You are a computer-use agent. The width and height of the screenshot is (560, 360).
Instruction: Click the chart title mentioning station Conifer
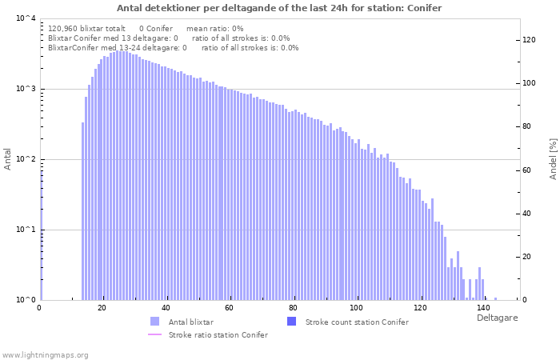click(x=279, y=8)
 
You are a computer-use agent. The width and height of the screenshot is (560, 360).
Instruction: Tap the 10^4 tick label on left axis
click(x=26, y=18)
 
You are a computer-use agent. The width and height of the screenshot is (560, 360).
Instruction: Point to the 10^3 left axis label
click(x=26, y=89)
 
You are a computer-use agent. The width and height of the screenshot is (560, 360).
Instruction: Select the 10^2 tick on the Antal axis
click(x=26, y=159)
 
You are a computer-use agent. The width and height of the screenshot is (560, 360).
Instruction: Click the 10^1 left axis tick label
click(x=26, y=230)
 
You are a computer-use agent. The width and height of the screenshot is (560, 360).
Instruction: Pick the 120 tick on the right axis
click(x=529, y=40)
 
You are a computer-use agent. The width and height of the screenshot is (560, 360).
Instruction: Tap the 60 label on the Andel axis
click(x=526, y=170)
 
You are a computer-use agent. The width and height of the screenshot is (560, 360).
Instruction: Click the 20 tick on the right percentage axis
click(x=526, y=257)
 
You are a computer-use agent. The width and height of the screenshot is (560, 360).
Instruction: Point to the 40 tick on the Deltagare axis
click(x=166, y=308)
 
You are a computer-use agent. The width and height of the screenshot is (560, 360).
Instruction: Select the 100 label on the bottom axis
click(x=357, y=308)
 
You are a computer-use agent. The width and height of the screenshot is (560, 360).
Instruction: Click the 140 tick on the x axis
click(x=483, y=308)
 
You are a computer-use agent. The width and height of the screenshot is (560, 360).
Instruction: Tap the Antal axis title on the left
click(x=7, y=159)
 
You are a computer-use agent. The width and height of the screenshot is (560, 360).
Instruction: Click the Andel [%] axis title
click(x=553, y=159)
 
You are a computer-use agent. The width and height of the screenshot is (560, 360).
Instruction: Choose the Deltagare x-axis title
click(x=497, y=318)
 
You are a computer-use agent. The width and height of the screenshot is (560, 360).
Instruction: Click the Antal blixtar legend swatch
click(x=155, y=322)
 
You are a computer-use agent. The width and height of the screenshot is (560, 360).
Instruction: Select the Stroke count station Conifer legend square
click(x=292, y=322)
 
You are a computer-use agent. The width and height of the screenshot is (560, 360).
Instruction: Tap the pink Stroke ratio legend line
click(x=154, y=334)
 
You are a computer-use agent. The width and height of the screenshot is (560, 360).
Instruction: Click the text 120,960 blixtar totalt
click(x=86, y=29)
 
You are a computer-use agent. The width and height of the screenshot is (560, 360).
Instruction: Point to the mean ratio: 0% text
click(x=215, y=29)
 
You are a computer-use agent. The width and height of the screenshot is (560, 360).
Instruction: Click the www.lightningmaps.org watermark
click(x=45, y=355)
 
